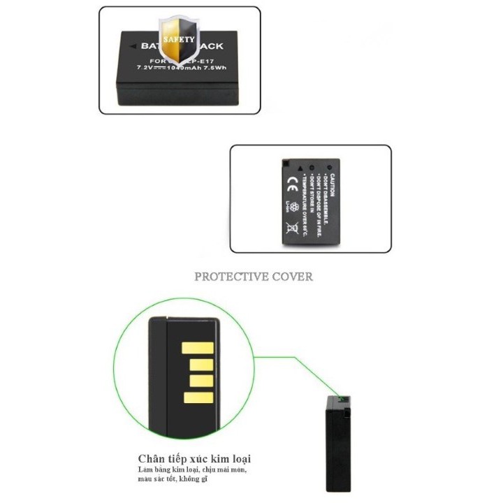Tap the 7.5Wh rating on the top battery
[x=216, y=68]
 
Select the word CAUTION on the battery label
[x=334, y=185]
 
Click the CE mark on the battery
[x=292, y=184]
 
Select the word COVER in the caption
[x=290, y=277]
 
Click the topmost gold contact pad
[x=197, y=348]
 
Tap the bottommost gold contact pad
[x=197, y=398]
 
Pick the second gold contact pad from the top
[x=201, y=365]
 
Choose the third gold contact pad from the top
[x=201, y=381]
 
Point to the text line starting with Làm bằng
[x=192, y=470]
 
